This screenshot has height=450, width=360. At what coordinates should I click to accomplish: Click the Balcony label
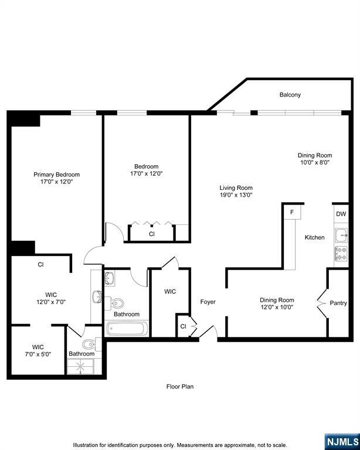290,94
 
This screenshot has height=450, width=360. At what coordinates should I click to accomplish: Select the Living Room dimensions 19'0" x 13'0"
236,195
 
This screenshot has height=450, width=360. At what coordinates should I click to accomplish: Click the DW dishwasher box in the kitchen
341,214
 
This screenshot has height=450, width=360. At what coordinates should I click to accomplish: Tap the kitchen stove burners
341,253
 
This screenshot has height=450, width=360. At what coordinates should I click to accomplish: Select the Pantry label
338,303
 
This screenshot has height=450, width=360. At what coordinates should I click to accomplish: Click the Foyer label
208,302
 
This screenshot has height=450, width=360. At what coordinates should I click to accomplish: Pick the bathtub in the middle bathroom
127,328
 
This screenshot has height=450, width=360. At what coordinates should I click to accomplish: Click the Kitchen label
314,237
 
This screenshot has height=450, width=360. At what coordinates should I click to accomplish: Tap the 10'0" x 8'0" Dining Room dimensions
315,162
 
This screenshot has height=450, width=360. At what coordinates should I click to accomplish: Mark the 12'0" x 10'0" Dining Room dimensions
277,307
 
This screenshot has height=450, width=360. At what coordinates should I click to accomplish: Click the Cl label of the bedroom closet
151,234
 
